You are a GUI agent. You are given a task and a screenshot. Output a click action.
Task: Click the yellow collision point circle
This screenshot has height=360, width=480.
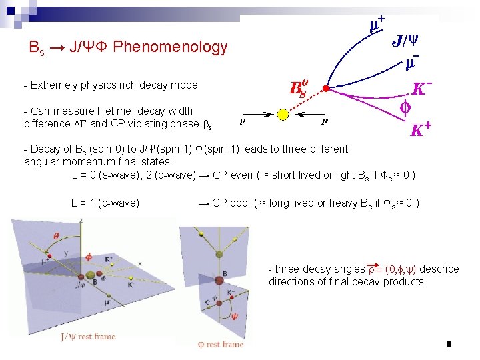coord(282,115)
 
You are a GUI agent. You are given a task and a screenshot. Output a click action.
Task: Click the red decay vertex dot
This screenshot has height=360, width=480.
coord(325,88)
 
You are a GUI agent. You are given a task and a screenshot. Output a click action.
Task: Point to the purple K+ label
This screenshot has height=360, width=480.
coord(420,129)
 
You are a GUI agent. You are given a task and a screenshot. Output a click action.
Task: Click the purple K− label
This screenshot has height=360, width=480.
coord(422,88)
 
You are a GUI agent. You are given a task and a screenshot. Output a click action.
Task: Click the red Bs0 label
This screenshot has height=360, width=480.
coord(298,88)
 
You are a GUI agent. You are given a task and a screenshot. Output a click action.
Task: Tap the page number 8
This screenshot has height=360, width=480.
coord(449,345)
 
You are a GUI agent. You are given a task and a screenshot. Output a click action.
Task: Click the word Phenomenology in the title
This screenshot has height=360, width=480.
coord(170,47)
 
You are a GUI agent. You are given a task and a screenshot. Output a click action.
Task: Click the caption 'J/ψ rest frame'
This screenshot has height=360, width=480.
coord(87,336)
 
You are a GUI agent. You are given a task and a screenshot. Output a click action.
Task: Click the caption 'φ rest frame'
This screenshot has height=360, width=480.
coord(221,344)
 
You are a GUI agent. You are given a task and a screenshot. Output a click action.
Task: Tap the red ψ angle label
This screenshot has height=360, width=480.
coord(233,316)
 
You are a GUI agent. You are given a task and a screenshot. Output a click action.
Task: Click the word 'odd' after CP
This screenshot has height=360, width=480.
coord(239,203)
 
